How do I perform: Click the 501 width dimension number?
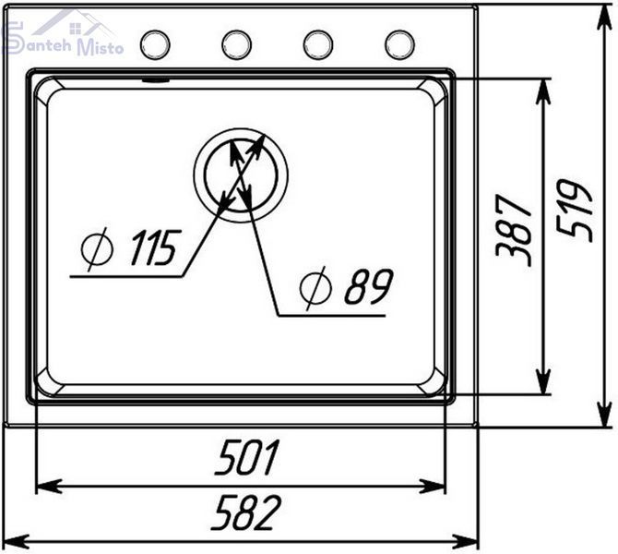click(247, 457)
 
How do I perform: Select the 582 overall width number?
click(246, 512)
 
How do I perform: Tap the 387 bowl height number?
click(514, 231)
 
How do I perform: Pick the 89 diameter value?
click(369, 287)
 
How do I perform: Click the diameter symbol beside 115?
click(97, 249)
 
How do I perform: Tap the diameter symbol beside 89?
click(315, 288)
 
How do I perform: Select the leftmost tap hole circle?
click(155, 45)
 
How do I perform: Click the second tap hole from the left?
click(236, 45)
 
